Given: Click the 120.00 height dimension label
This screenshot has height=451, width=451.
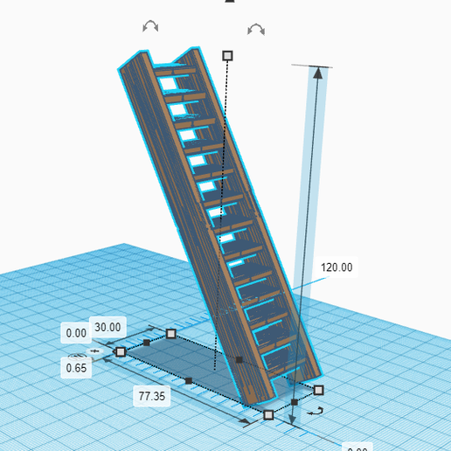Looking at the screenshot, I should tap(337, 267).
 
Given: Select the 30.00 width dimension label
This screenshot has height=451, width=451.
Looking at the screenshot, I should tap(108, 327).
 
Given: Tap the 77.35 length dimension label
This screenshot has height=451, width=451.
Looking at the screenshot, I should tap(152, 396).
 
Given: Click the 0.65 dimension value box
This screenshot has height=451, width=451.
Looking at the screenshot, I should tap(75, 368).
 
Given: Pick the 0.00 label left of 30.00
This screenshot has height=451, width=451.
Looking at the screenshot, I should tap(76, 333).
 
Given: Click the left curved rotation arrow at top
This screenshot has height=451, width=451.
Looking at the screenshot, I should tap(150, 27).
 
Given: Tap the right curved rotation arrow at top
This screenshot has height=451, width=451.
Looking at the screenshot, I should tap(256, 30).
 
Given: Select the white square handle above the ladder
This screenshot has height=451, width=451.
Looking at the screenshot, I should tap(228, 55).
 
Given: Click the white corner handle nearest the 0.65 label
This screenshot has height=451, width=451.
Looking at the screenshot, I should tap(121, 351).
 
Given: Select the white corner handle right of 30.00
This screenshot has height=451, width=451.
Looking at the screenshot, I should tap(170, 334).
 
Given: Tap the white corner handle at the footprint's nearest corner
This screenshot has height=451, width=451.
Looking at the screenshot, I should tap(268, 414).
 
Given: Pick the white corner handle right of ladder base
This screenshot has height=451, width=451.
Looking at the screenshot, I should tap(319, 390).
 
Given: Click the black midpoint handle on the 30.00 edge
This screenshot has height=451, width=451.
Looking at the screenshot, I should tap(146, 343).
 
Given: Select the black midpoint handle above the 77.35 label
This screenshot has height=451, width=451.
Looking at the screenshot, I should tap(190, 380).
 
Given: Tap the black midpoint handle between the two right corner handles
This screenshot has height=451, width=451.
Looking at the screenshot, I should tap(295, 402).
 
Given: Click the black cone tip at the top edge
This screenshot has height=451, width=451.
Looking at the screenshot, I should tap(230, 2).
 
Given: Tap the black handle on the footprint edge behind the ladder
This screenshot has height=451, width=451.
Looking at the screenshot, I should tap(239, 359).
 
